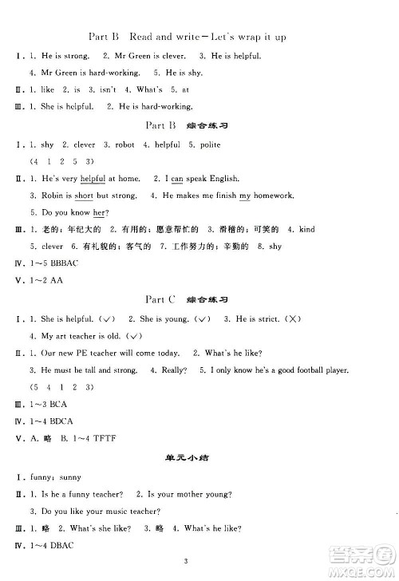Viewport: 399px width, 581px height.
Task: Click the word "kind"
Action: [306, 229]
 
